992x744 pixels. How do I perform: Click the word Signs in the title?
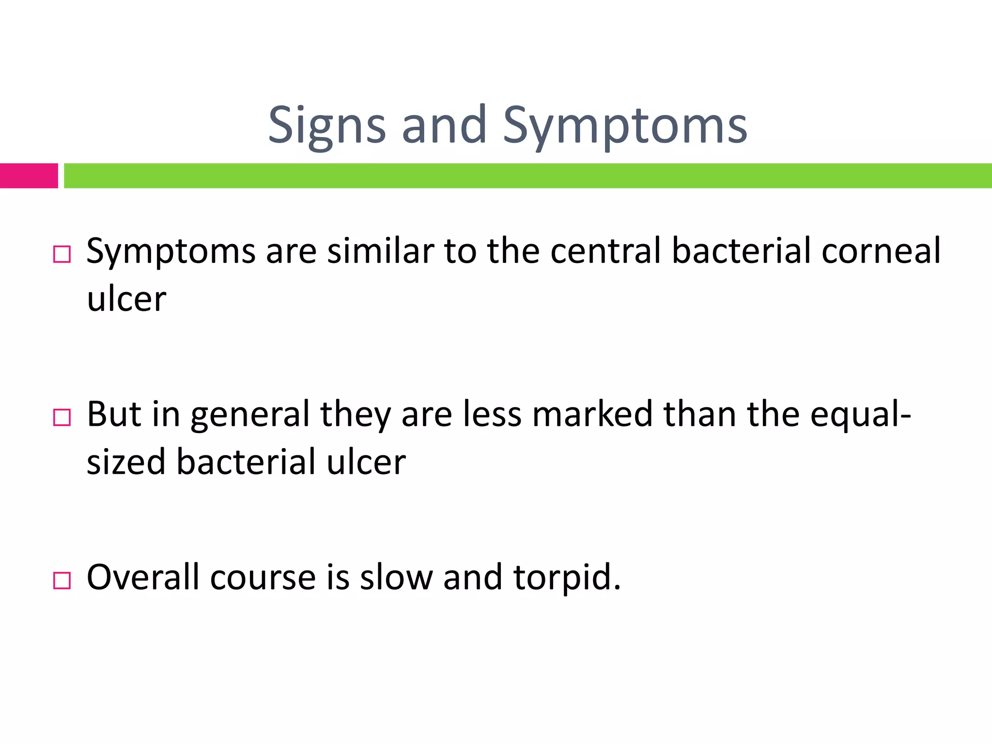click(x=327, y=126)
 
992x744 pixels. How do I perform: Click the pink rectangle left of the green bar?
click(x=29, y=175)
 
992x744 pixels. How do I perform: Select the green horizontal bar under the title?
click(x=528, y=175)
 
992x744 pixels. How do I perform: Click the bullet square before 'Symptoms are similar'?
click(x=62, y=254)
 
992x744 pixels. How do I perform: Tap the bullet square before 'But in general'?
click(x=62, y=417)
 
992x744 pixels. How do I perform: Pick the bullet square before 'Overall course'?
click(x=62, y=580)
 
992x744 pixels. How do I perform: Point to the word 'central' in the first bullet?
click(x=605, y=251)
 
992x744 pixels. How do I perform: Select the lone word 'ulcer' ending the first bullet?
click(x=126, y=299)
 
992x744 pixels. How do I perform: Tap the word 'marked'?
click(x=592, y=415)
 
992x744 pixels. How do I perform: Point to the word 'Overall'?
click(x=143, y=577)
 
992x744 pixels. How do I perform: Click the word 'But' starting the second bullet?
click(x=114, y=415)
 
